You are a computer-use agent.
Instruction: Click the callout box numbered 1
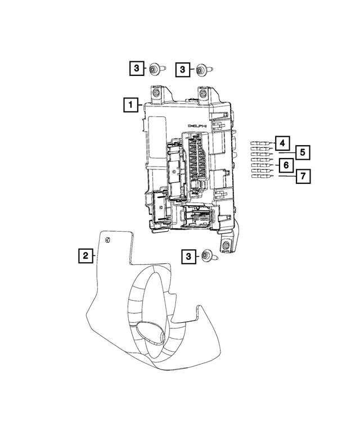[x=131, y=104]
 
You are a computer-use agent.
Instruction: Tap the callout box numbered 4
[x=282, y=142]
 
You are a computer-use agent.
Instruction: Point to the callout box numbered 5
[x=303, y=152]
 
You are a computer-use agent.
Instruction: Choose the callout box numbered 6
[x=286, y=165]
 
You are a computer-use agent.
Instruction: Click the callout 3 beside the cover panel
[x=188, y=256]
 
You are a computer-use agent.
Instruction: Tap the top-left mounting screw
[x=154, y=69]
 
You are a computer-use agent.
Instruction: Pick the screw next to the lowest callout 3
[x=206, y=256]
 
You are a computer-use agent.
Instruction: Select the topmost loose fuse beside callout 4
[x=259, y=144]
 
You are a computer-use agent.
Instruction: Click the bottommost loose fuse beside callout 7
[x=259, y=177]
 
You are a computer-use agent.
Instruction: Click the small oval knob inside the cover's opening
[x=151, y=334]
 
